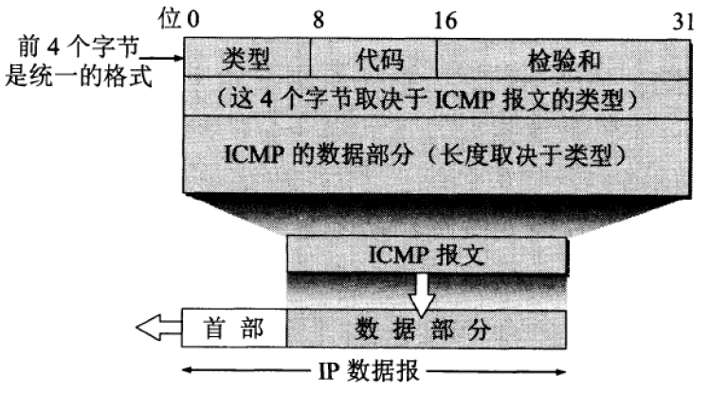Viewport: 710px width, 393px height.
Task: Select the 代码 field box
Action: tap(373, 59)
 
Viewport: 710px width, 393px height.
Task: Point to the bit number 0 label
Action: tap(194, 16)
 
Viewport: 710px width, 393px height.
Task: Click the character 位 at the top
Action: tap(173, 16)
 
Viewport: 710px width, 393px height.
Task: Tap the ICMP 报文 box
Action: tap(428, 254)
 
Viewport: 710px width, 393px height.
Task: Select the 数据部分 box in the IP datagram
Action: tap(427, 328)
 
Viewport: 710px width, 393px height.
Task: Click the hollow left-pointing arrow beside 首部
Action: tap(159, 329)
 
